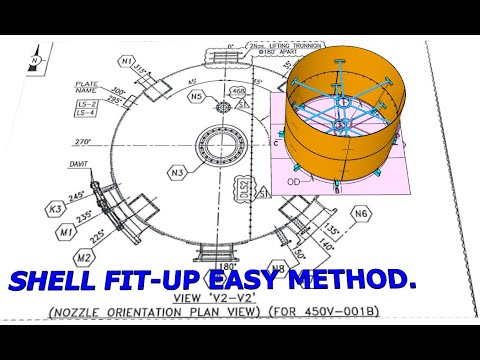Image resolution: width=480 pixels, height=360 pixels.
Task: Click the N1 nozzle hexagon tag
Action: pyautogui.click(x=126, y=62)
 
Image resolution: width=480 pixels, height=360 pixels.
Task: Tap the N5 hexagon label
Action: pyautogui.click(x=197, y=96)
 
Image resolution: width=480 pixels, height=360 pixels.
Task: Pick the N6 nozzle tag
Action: pyautogui.click(x=361, y=214)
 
